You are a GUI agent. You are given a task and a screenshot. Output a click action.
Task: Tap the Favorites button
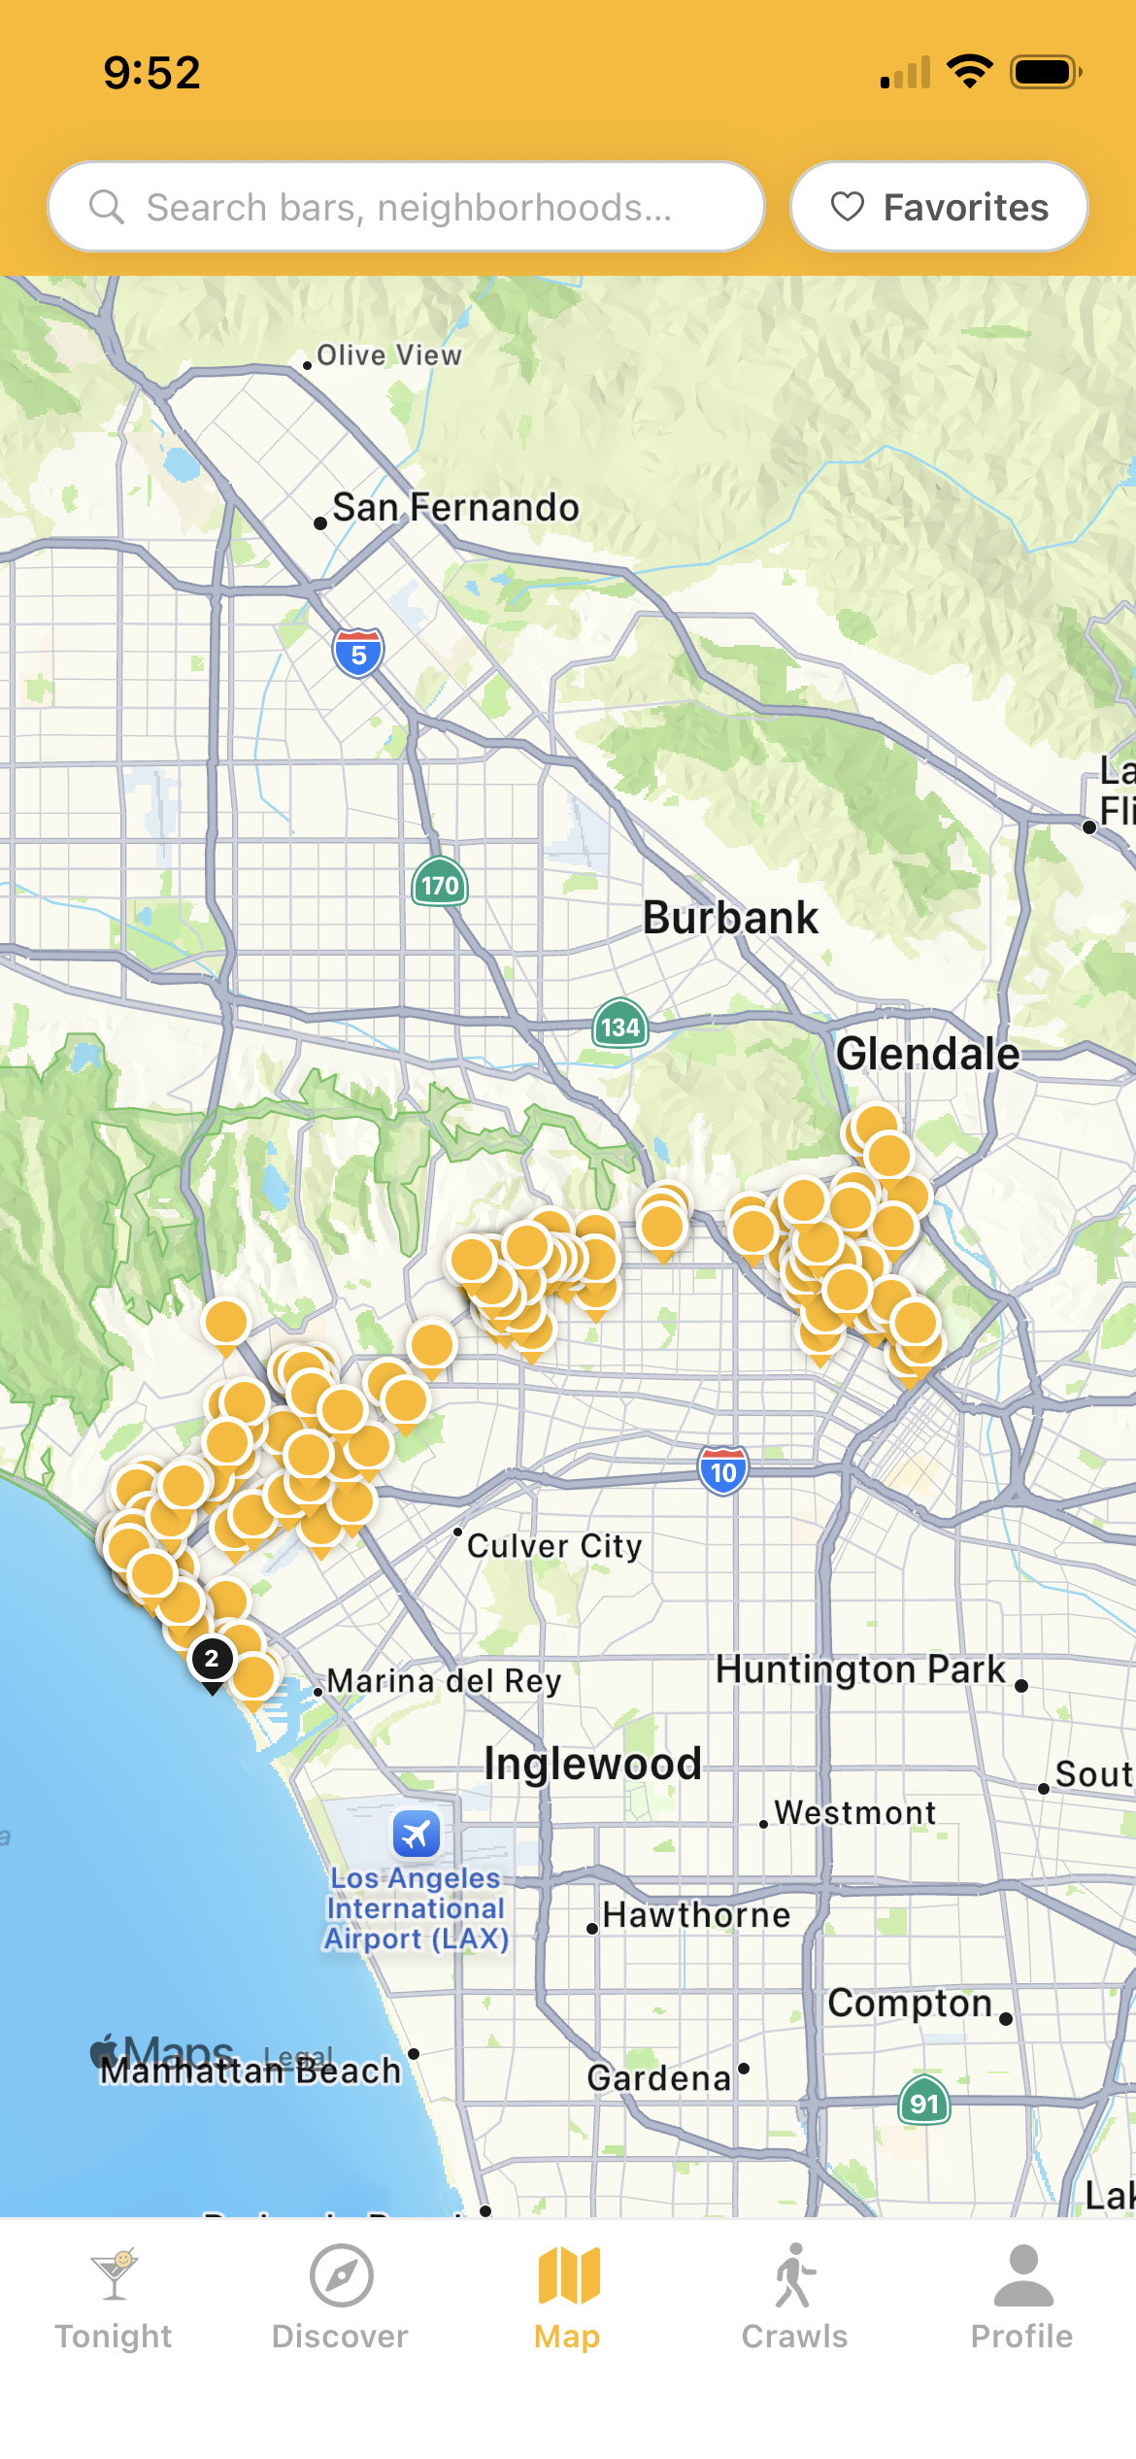click(939, 207)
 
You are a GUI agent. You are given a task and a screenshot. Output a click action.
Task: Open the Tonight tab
click(114, 2299)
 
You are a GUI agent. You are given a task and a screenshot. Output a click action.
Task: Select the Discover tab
click(341, 2299)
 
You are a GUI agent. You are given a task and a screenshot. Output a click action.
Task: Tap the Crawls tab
click(794, 2299)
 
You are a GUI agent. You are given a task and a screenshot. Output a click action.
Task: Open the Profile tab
click(1022, 2299)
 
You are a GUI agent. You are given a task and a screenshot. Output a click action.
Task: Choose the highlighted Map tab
click(568, 2299)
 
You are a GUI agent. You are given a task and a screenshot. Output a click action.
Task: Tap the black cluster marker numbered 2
click(212, 1659)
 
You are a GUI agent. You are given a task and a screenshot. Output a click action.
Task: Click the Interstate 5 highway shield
click(358, 654)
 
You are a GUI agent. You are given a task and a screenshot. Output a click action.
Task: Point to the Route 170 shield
click(440, 884)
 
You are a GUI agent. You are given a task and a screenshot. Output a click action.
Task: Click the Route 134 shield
click(620, 1026)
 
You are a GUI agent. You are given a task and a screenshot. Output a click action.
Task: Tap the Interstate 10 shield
click(723, 1471)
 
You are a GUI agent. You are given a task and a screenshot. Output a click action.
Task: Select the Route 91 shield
click(924, 2103)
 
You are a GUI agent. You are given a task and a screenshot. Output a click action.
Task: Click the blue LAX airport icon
click(417, 1835)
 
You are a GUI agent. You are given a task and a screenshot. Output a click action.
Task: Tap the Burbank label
click(730, 918)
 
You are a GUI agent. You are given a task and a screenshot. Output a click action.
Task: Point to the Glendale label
click(927, 1054)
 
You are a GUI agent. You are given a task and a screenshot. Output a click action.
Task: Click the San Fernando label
click(455, 507)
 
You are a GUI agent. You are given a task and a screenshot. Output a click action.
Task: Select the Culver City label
click(554, 1546)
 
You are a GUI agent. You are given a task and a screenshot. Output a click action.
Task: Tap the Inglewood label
click(592, 1764)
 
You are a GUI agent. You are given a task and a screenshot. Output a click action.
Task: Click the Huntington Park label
click(860, 1670)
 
